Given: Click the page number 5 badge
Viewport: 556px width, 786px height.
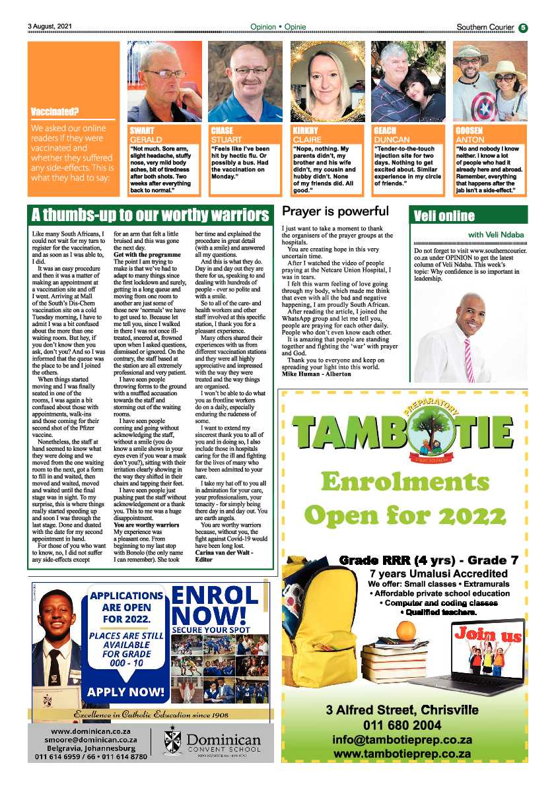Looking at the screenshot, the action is coord(523,27).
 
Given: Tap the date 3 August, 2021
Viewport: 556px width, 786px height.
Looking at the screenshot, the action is coord(50,27).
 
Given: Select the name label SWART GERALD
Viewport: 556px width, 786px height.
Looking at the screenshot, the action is coord(146,135).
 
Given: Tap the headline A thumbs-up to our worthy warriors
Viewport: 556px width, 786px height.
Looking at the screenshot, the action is coord(151,215).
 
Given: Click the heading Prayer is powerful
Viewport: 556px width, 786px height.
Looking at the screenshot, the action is coord(335,212).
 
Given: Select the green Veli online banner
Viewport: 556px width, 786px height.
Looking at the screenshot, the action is coord(470,216).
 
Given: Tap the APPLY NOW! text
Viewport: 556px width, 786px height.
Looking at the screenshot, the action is coord(125,692).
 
